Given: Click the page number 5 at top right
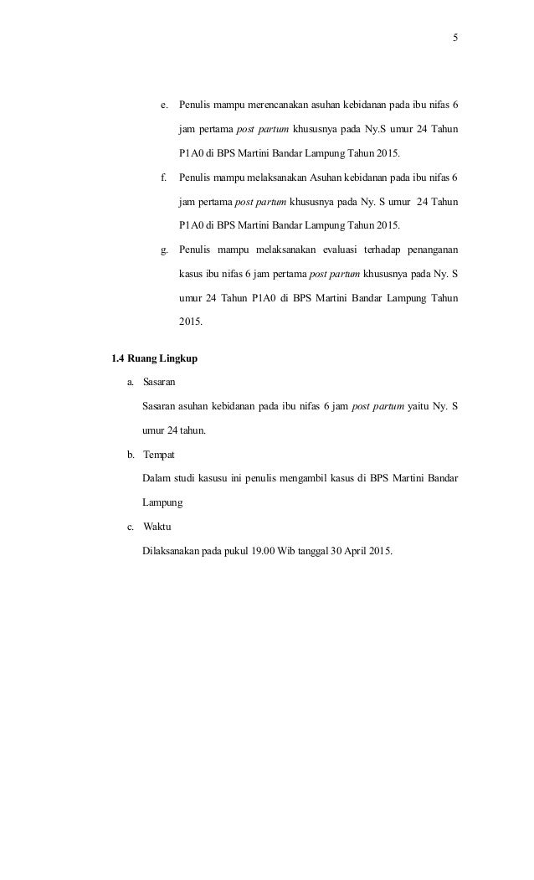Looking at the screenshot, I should [456, 38].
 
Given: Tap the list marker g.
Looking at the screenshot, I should [163, 250].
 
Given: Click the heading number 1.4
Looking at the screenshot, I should [117, 360].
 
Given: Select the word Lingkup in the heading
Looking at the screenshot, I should [181, 360].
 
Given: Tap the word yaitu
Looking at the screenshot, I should [422, 407].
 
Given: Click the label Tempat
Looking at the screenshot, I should [159, 455].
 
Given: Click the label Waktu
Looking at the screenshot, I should [157, 527].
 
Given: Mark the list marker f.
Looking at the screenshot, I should [163, 178].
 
